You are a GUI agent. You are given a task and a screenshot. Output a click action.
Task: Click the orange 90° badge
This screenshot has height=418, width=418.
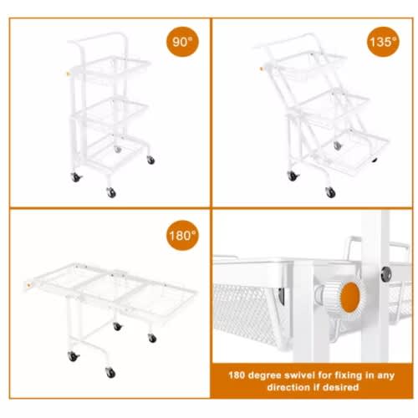click(182, 42)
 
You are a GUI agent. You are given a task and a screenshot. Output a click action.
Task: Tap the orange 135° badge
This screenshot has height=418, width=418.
click(383, 42)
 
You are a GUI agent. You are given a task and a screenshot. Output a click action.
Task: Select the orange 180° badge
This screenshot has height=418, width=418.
click(182, 236)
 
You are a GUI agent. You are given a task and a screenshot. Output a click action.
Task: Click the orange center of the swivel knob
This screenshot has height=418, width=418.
click(350, 297)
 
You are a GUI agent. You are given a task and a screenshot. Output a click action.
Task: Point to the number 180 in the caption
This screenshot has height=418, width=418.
click(237, 375)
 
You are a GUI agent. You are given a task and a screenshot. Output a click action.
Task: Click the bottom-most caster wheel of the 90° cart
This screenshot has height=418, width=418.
click(111, 192)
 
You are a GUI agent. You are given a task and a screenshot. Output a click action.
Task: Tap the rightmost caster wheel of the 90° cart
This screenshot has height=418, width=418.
click(150, 160)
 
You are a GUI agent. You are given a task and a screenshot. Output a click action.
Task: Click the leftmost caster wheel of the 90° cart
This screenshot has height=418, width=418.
click(75, 177)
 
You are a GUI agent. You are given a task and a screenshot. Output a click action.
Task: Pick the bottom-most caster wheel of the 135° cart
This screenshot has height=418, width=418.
click(330, 192)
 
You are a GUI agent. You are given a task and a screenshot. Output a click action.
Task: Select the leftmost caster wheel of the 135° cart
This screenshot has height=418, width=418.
click(293, 176)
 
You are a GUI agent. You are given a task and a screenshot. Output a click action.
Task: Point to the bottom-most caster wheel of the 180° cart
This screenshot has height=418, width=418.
click(110, 373)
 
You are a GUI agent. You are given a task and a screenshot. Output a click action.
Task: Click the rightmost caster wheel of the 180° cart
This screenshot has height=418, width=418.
click(152, 339)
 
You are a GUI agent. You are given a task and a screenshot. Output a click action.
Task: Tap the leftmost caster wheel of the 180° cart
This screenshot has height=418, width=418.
click(73, 356)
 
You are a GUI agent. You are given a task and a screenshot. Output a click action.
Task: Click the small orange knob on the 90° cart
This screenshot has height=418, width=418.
click(68, 74)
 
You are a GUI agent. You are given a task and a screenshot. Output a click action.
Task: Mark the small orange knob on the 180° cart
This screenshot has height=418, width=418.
click(28, 285)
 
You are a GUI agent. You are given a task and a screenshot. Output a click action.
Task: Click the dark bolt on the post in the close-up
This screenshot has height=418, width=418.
click(386, 273)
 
